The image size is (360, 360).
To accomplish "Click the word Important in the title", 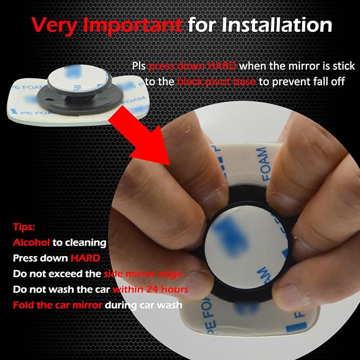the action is (x=133, y=25).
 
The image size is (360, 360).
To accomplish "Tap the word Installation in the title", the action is (x=277, y=24).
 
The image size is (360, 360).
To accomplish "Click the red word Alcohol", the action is (x=31, y=242).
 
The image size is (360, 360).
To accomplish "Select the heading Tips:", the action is (x=24, y=227).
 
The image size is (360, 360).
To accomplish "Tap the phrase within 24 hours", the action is (x=151, y=289).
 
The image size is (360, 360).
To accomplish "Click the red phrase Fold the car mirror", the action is (x=57, y=305).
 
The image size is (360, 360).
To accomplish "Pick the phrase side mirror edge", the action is (x=143, y=274).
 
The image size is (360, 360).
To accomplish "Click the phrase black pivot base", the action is (x=216, y=82).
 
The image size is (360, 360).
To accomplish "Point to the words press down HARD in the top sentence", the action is (x=192, y=66).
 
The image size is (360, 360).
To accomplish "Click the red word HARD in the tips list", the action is (x=85, y=258).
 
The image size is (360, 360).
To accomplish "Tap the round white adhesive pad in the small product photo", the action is (x=78, y=77).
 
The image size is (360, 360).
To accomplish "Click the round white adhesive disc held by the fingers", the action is (x=245, y=247).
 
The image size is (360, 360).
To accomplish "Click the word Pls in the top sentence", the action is (x=139, y=66).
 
